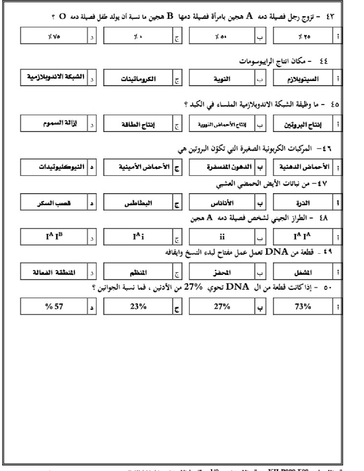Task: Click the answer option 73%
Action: coord(303,307)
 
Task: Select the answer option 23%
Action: coord(138,307)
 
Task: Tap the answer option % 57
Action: coord(54,307)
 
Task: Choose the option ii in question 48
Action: coord(222,237)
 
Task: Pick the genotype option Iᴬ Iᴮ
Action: coord(54,236)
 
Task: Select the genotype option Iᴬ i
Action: coord(138,236)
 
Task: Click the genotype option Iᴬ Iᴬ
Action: coord(303,236)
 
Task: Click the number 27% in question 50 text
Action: coord(193,287)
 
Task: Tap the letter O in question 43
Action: coord(62,16)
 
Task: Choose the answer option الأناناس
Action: coord(222,203)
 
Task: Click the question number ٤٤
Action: coord(324,61)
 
